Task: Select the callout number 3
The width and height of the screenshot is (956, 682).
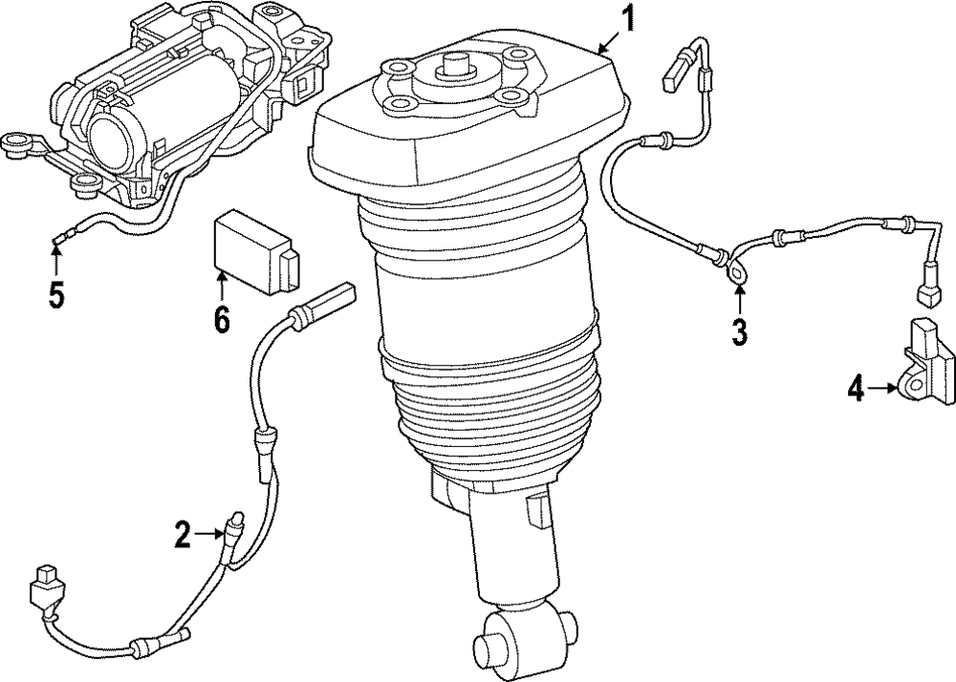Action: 739,331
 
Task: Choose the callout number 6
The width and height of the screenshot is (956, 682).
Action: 221,318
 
